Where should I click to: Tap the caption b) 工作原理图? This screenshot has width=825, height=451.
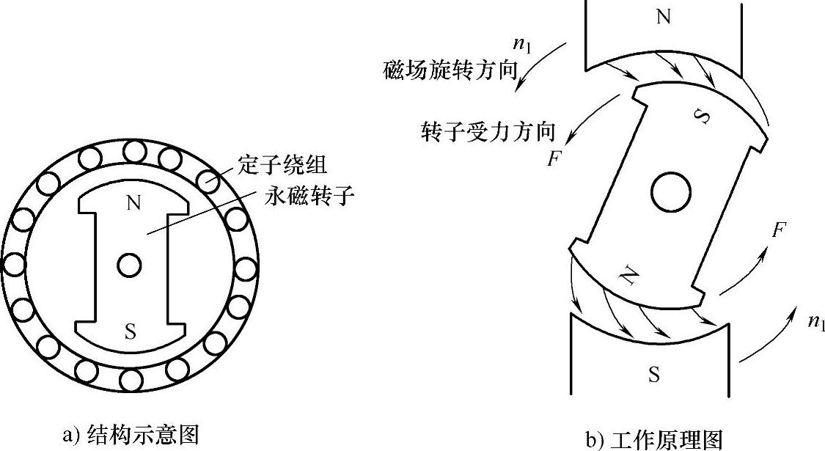coord(654,439)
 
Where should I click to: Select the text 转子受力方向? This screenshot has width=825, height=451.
coord(488,132)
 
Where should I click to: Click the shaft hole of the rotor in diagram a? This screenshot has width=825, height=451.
coord(130,265)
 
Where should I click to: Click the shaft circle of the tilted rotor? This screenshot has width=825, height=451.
coord(671,193)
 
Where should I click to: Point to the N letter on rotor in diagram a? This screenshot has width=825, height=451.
coord(133,204)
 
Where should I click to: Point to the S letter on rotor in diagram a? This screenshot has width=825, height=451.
coord(131,331)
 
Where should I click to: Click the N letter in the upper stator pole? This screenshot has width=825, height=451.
coord(663,18)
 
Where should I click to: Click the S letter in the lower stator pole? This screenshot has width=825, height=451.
coord(653,375)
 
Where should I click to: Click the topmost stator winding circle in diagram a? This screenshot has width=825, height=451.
coord(134,152)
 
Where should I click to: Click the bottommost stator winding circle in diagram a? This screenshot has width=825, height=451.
coord(130,379)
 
